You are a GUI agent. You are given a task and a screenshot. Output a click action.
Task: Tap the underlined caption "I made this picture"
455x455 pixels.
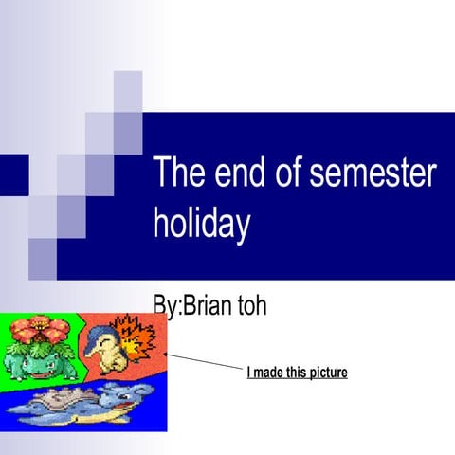pos(297,373)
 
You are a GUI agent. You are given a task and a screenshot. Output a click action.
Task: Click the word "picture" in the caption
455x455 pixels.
pos(326,373)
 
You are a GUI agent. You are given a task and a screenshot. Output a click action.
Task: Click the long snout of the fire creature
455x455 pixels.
pos(92,353)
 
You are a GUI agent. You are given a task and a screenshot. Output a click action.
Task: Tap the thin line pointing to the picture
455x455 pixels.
pos(204,361)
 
